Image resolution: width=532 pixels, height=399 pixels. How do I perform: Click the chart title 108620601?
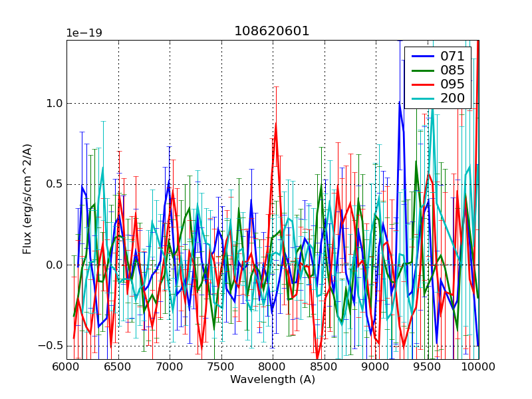(272, 31)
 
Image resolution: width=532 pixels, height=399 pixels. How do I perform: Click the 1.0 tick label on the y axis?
(53, 104)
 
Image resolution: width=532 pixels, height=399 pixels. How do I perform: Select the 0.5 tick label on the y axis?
(53, 184)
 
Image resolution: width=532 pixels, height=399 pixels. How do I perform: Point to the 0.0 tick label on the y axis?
(53, 265)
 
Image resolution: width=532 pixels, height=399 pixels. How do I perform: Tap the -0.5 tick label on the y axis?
(51, 346)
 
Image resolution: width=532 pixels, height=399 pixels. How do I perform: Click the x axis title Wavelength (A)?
(272, 380)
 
